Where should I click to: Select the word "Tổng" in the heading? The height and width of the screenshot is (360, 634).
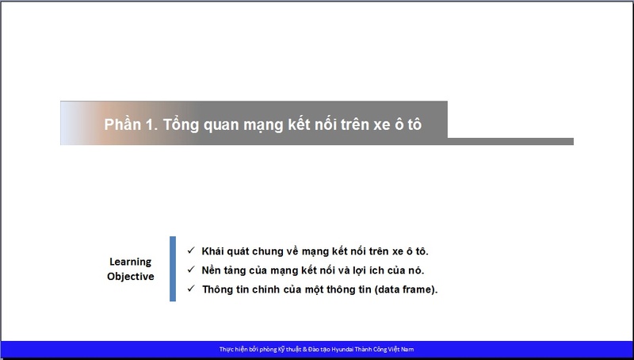(181, 124)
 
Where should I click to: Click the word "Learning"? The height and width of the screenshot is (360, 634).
(130, 262)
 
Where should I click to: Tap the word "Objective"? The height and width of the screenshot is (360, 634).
(131, 276)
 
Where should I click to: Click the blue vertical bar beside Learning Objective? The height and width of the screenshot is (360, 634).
(173, 269)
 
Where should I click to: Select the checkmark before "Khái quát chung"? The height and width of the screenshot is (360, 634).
(191, 251)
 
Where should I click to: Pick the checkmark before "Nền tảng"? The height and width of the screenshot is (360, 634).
(191, 270)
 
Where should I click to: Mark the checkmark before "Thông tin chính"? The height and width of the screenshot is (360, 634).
(191, 289)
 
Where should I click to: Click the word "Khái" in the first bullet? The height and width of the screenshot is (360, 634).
(212, 251)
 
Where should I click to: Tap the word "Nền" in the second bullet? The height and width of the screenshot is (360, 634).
(211, 270)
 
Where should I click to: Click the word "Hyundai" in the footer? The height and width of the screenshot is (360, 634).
(342, 350)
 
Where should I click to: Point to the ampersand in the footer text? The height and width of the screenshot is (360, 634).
(304, 350)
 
